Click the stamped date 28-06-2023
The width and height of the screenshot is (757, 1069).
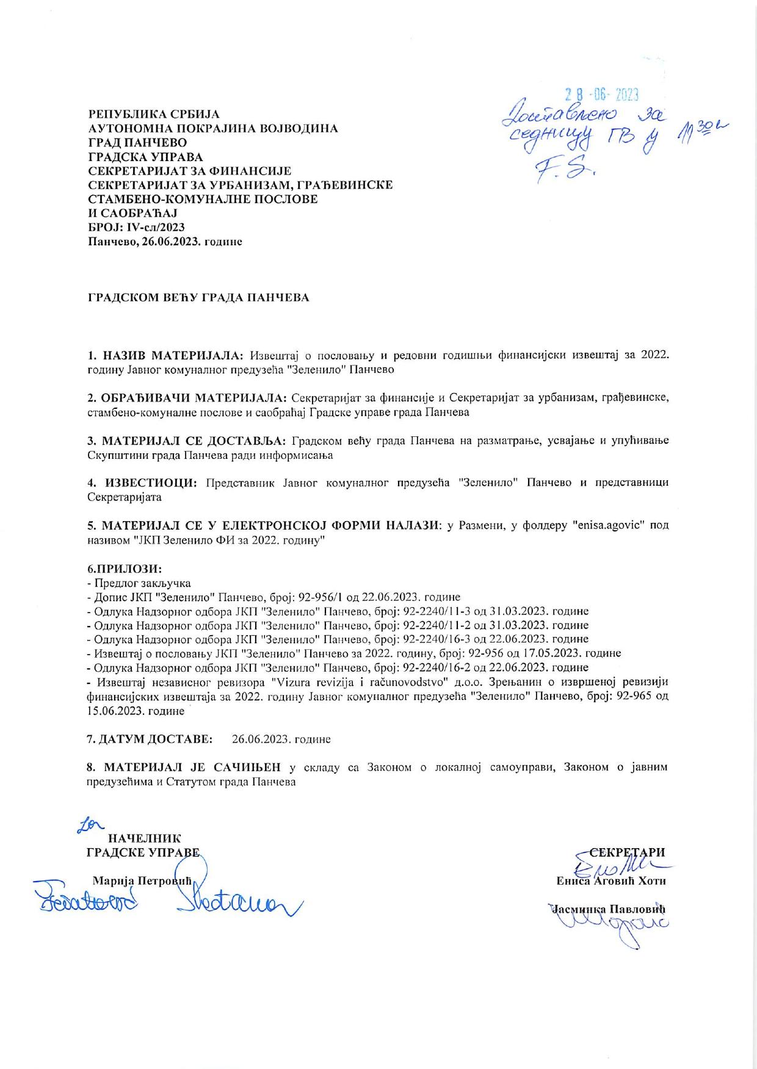click(x=601, y=94)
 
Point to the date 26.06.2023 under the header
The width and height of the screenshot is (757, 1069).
click(x=165, y=242)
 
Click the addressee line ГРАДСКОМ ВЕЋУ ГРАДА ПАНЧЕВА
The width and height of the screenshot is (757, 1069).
click(x=198, y=298)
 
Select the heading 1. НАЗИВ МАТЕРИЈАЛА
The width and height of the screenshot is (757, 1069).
click(x=165, y=355)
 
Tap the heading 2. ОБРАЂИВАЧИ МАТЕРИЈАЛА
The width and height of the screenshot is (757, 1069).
click(x=187, y=398)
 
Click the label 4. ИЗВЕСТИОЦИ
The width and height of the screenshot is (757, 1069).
click(x=142, y=483)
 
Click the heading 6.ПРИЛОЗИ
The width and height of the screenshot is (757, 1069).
click(x=125, y=569)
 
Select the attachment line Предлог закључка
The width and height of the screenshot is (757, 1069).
click(x=142, y=583)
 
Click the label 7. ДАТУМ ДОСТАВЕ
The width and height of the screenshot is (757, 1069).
click(x=150, y=739)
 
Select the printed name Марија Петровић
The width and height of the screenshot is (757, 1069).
click(x=142, y=880)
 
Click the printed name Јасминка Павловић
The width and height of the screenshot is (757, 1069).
click(x=608, y=909)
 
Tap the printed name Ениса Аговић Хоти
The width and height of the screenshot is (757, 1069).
click(x=610, y=880)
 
